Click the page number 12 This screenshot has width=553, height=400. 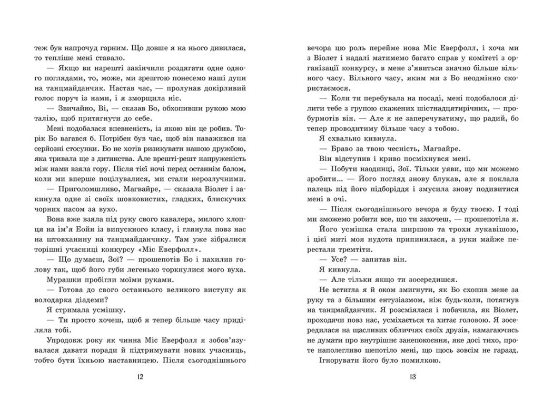[139, 376]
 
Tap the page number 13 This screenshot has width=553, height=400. [412, 376]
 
